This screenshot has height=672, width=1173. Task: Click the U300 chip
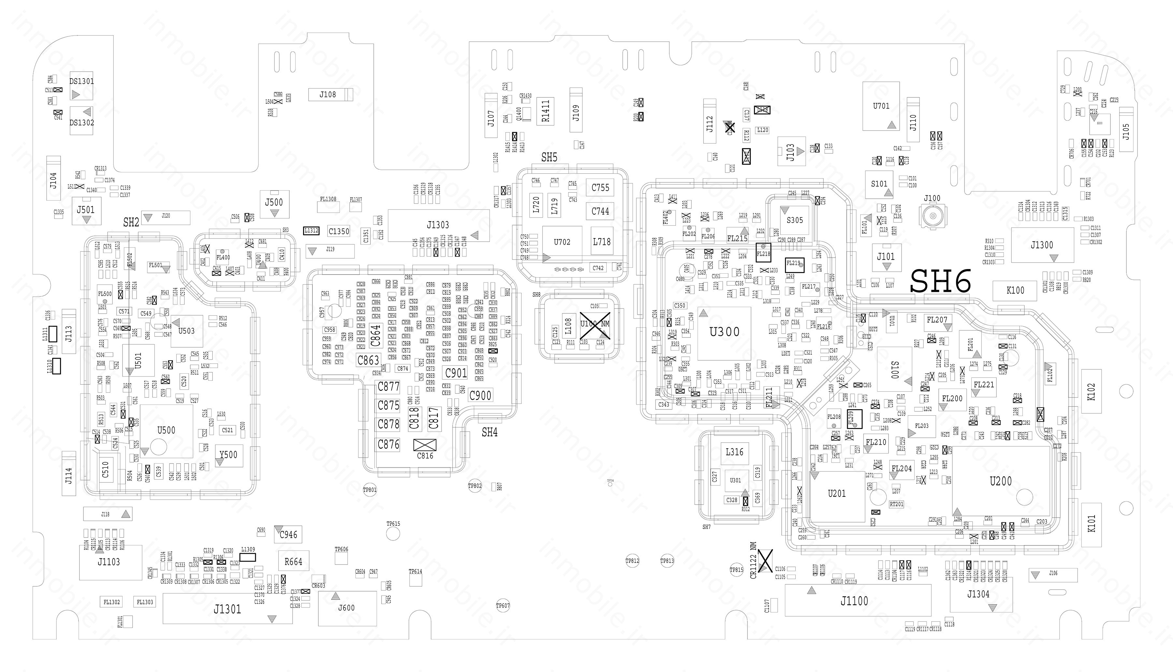tap(724, 333)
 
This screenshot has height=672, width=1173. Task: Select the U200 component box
tap(1000, 481)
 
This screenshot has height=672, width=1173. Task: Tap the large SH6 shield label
tap(940, 281)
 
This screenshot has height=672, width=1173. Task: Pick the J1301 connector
tap(227, 609)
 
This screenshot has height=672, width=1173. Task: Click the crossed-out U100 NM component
tap(595, 323)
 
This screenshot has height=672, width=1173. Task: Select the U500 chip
tap(166, 431)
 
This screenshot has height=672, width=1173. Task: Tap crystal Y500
tap(228, 455)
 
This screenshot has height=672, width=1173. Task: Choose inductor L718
tap(601, 241)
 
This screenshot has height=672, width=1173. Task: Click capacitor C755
tap(600, 187)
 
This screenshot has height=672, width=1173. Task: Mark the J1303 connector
tap(438, 225)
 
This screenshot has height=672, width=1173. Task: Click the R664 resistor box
tap(293, 562)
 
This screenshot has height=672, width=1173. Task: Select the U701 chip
tap(881, 106)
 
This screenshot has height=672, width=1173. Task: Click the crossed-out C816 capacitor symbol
tap(425, 445)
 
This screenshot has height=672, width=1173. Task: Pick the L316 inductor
tap(734, 452)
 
